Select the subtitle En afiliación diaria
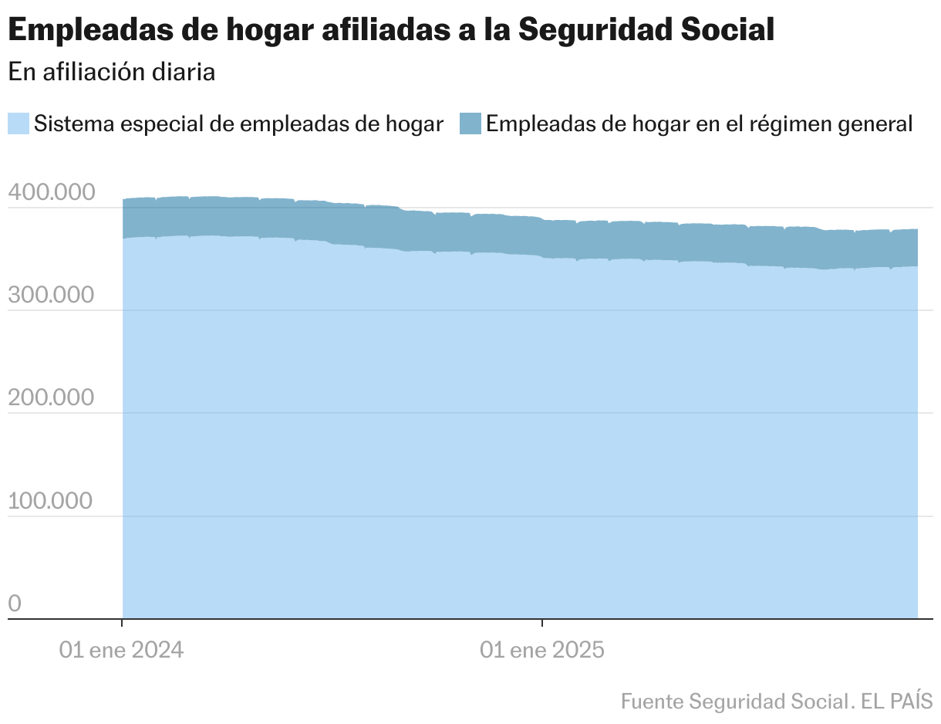[111, 72]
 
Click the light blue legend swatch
[19, 123]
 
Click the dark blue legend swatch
[470, 123]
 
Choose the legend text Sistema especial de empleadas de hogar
[239, 123]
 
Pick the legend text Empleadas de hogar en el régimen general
[700, 123]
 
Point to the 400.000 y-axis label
[51, 193]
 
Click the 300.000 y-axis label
[51, 296]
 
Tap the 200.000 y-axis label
[51, 398]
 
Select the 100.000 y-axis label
[51, 501]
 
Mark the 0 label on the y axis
[15, 604]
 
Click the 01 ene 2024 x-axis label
[122, 650]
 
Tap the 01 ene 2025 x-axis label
[542, 650]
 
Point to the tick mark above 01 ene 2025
[542, 623]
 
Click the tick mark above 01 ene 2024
[123, 623]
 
